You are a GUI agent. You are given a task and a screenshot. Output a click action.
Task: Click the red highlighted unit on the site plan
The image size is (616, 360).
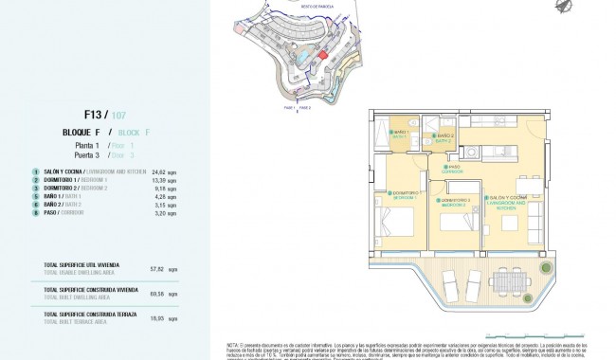pyautogui.click(x=323, y=56)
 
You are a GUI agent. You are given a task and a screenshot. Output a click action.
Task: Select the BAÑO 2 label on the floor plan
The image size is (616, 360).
pyautogui.click(x=445, y=137)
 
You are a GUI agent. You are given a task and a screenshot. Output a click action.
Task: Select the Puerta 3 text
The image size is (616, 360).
pyautogui.click(x=90, y=154)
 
